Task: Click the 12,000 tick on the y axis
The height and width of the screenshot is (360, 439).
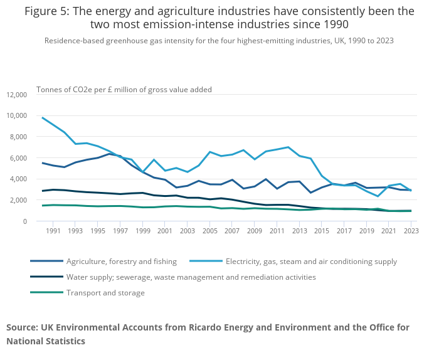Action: click(x=16, y=95)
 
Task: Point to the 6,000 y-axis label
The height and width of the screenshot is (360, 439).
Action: click(x=18, y=158)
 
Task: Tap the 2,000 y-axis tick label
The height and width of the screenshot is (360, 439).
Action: click(x=18, y=200)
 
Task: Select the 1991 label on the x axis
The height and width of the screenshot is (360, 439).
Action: click(x=53, y=231)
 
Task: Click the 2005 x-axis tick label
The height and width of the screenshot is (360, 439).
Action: click(x=213, y=231)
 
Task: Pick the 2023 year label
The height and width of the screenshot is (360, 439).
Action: click(x=411, y=231)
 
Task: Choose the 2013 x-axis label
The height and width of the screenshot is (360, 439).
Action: click(x=300, y=231)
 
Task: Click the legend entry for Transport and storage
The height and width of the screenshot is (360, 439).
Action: click(x=105, y=292)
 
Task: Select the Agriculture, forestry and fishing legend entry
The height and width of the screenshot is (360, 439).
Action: click(x=122, y=262)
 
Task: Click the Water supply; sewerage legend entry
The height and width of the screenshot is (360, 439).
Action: click(x=191, y=277)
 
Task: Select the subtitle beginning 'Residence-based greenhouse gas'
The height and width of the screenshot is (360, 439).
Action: click(x=219, y=41)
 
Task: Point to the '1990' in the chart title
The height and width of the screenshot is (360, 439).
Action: click(x=334, y=24)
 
